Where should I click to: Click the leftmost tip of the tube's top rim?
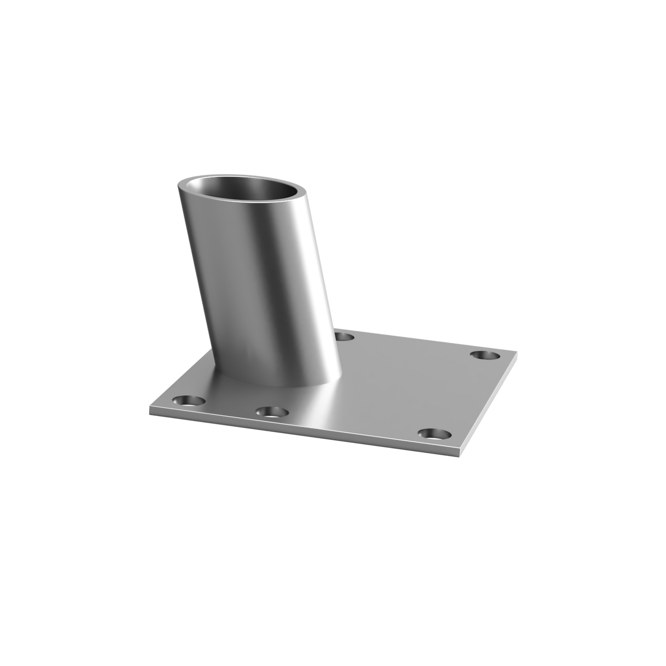click(177, 185)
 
